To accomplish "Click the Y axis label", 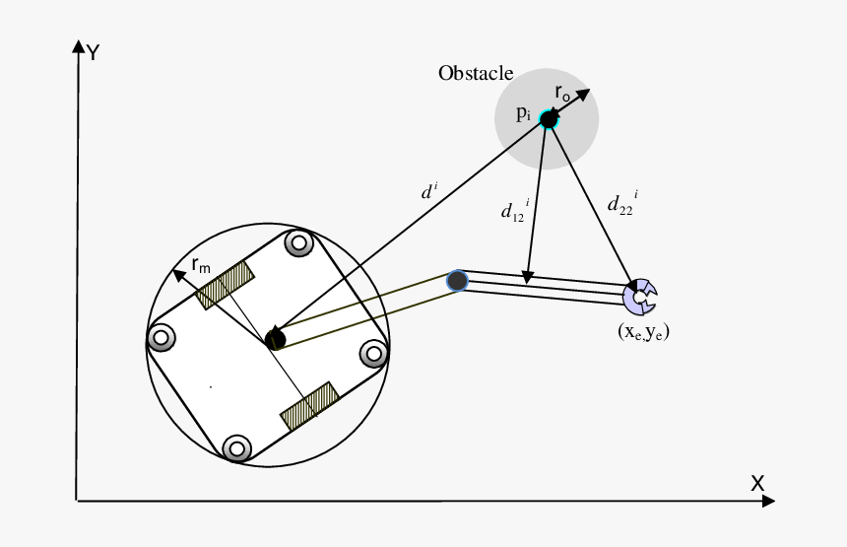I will click(93, 52).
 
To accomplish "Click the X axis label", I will click(757, 483).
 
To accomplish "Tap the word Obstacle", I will click(476, 74).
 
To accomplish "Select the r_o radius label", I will click(562, 94).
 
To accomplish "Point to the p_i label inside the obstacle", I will click(524, 113).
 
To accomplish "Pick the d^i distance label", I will click(427, 192).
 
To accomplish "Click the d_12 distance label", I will click(514, 211).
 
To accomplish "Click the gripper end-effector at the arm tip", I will click(641, 296).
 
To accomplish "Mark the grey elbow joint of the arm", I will click(457, 281).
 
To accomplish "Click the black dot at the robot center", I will click(276, 340).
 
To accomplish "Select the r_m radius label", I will click(202, 264).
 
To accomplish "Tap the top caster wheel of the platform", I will click(297, 241).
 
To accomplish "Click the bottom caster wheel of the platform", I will click(235, 448).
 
